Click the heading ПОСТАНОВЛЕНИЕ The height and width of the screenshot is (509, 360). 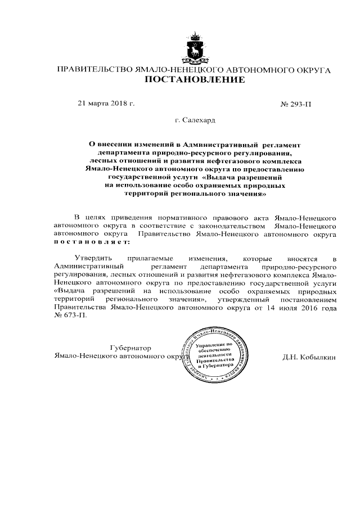[195, 80]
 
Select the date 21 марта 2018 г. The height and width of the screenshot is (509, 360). [106, 103]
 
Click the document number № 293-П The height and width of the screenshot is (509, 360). [296, 104]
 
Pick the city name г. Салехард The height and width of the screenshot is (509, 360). [195, 120]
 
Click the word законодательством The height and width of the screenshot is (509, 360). [224, 225]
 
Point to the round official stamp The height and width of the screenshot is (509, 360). [214, 356]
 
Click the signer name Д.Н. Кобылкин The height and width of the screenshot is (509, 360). [310, 357]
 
